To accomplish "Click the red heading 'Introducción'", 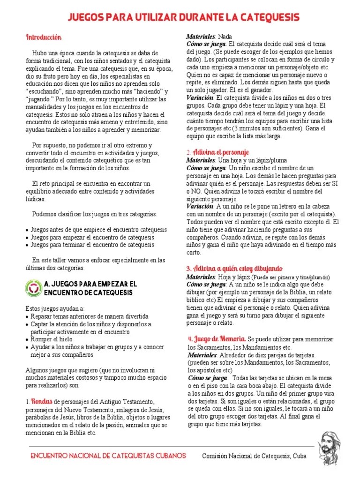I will (43, 37).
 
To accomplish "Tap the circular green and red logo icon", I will (33, 288).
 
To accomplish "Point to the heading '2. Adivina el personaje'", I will (217, 152).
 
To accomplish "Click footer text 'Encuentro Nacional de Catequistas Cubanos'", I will (108, 456).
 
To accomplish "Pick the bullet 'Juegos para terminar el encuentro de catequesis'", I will (92, 245).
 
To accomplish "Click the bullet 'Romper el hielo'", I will (52, 339).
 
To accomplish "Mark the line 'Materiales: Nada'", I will (209, 37).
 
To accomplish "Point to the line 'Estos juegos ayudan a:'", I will (55, 309).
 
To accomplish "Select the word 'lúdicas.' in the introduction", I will (36, 199).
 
